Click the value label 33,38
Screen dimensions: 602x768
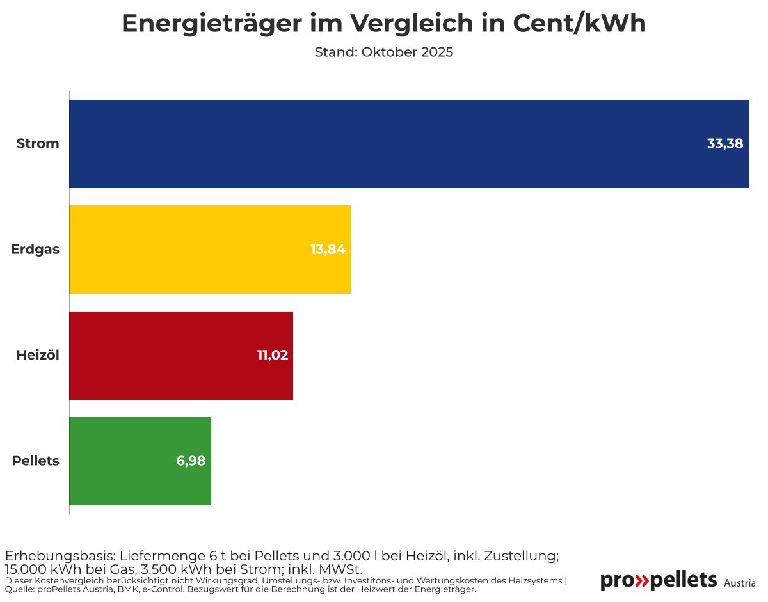(x=724, y=144)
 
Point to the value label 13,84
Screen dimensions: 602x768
(x=328, y=250)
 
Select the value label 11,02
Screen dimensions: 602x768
(x=273, y=356)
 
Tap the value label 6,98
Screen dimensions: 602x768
(x=191, y=461)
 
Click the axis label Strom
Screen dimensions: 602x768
(x=38, y=144)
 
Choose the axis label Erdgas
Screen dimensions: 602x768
(x=35, y=250)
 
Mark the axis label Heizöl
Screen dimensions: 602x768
(x=38, y=356)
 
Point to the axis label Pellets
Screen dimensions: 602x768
(x=36, y=461)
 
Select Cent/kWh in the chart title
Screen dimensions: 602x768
(x=580, y=24)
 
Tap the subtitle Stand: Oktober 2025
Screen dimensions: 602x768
(x=384, y=52)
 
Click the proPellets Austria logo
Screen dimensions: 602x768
(x=677, y=581)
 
